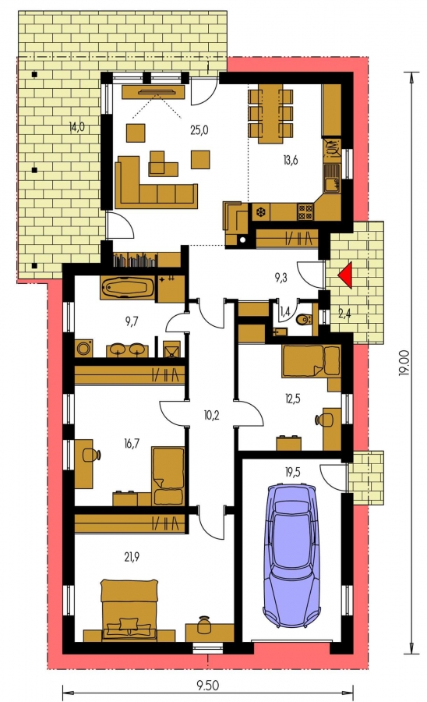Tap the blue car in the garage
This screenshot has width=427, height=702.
[x=292, y=555]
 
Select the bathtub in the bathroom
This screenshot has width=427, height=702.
[x=128, y=287]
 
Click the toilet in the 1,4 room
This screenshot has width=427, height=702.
[x=305, y=319]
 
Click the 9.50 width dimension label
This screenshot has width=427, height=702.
[x=208, y=685]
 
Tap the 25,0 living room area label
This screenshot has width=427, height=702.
[x=199, y=130]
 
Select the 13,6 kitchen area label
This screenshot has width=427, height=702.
[x=290, y=160]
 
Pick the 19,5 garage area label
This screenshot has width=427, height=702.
[x=291, y=473]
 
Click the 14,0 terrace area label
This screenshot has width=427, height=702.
[x=76, y=127]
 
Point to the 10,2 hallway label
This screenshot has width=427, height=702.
[x=211, y=416]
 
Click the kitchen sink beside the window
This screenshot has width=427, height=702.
[x=331, y=178]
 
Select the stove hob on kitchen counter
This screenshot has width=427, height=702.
[x=305, y=211]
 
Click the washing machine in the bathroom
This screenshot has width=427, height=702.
[x=84, y=349]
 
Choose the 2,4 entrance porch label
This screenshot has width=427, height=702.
[x=344, y=314]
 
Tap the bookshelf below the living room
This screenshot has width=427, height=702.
[x=136, y=260]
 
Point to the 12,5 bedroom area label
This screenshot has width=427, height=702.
[x=292, y=398]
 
